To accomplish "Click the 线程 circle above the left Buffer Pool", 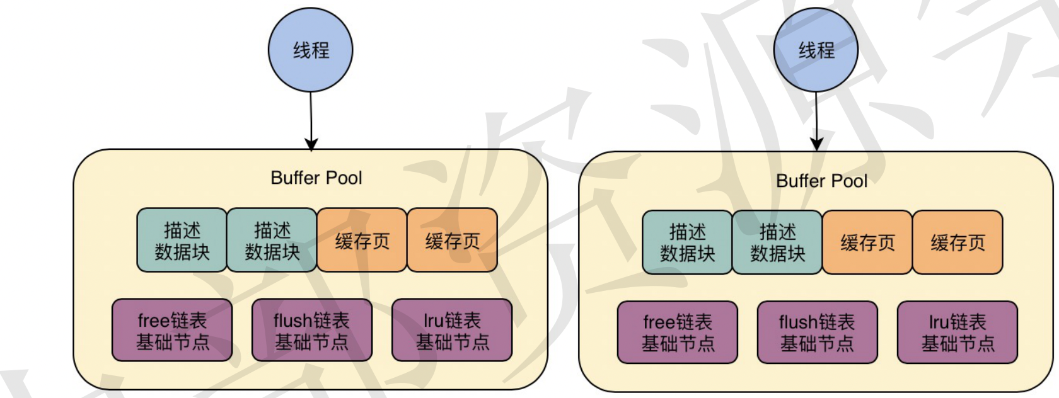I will [x=310, y=50].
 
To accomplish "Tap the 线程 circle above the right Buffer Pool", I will [x=816, y=50].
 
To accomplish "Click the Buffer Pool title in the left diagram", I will [x=316, y=178].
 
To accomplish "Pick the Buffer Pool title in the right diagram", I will [x=822, y=181].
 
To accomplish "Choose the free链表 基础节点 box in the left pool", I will [x=172, y=331].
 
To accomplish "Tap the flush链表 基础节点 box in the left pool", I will [x=311, y=331].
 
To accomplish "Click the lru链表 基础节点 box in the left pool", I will [x=452, y=331].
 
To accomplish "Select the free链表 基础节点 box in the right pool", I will [x=678, y=333].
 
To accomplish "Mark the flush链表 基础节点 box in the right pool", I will [x=817, y=333].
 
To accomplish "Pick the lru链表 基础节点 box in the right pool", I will [x=958, y=333].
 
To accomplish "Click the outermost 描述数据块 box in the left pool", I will [x=182, y=241].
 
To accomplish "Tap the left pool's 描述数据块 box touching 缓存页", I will [x=272, y=241].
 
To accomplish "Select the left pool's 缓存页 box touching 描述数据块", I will [x=362, y=241].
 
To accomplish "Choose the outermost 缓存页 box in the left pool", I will [x=453, y=241].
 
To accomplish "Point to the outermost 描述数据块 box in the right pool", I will [x=687, y=243].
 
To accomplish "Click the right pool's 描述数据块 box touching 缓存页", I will [x=777, y=243].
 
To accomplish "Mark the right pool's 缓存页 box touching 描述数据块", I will [x=867, y=243].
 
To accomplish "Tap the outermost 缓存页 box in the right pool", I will [x=958, y=243].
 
